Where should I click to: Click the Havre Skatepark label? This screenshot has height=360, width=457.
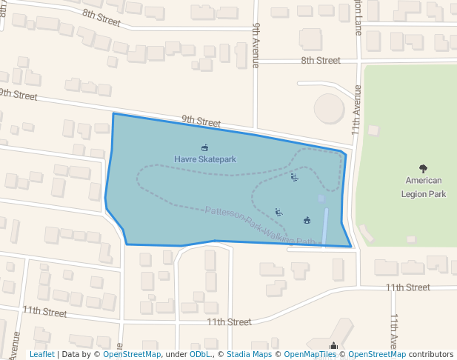pos(205,159)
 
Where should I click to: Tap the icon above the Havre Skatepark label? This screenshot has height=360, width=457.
pos(205,148)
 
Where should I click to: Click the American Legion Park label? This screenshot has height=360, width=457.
pos(423,187)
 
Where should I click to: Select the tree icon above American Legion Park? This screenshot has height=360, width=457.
pos(423,169)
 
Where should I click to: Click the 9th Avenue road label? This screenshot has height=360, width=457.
pos(256,45)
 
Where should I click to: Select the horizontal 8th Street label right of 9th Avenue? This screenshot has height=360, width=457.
pos(320,61)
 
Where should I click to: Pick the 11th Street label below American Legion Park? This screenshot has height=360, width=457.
pos(407,287)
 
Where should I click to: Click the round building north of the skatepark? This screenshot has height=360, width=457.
pos(330,109)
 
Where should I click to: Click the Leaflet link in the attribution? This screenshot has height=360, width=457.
pos(42,354)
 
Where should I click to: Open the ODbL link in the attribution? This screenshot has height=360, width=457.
pos(199,354)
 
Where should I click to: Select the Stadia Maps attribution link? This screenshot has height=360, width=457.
pos(249,354)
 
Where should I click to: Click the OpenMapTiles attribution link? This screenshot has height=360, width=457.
pos(310,354)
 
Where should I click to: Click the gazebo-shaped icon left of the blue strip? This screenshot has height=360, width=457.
pos(307,220)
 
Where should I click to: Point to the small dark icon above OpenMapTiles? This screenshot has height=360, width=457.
pos(334,345)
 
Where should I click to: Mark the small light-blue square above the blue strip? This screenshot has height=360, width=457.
pos(321,199)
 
